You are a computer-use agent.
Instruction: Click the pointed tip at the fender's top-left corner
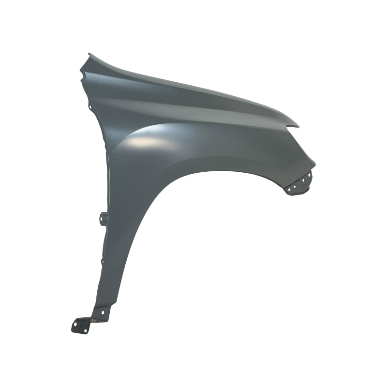click(89, 54)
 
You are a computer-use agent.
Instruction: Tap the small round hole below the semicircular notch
click(90, 107)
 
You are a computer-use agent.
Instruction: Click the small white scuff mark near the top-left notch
click(101, 83)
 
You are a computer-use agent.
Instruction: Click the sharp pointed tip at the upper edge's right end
click(298, 127)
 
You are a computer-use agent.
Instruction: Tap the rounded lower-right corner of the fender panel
click(314, 164)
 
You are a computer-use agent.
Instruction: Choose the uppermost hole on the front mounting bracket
click(309, 175)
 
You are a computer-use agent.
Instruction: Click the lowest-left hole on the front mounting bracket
click(289, 190)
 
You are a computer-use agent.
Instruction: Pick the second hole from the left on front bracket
click(295, 187)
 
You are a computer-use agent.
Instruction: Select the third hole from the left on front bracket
click(303, 180)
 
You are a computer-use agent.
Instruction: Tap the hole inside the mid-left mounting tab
click(101, 219)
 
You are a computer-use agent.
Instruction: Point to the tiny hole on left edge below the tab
click(103, 262)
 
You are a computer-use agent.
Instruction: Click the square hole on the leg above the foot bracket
click(103, 313)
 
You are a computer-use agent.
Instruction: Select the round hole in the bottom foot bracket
click(75, 324)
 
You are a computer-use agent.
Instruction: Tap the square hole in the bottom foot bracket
click(86, 331)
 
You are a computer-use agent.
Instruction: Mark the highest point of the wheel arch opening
click(213, 171)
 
